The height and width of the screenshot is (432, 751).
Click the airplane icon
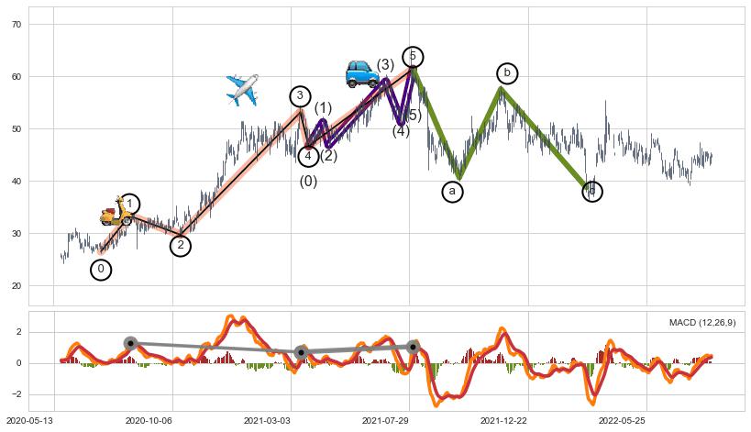click(x=242, y=90)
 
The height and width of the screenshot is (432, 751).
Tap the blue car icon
click(x=362, y=73)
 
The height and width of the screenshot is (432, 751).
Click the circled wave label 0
click(x=101, y=270)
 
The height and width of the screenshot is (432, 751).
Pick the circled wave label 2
click(x=181, y=245)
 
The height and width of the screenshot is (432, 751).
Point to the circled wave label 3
click(x=300, y=96)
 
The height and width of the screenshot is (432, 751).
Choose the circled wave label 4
click(x=308, y=156)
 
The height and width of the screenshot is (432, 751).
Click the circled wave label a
click(x=451, y=191)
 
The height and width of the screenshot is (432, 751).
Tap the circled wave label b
click(x=507, y=73)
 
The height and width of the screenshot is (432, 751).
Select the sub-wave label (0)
click(x=308, y=182)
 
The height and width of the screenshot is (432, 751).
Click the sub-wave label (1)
click(x=323, y=108)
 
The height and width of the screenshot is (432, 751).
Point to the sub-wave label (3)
click(x=385, y=65)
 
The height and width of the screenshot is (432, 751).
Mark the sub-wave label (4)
click(x=401, y=131)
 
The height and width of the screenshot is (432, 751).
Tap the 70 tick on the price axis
click(x=16, y=24)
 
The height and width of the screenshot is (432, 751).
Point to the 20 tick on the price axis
click(x=16, y=286)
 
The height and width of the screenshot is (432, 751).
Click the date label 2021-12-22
click(x=503, y=421)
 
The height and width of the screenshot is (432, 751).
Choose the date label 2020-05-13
click(x=28, y=421)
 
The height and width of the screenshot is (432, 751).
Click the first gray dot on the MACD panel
click(x=130, y=343)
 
